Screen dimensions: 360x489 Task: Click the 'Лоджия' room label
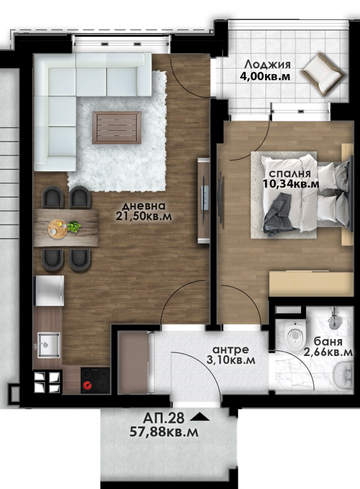(x=267, y=65)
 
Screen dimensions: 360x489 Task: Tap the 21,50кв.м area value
(x=144, y=216)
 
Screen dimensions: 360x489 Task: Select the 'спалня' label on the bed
(x=290, y=173)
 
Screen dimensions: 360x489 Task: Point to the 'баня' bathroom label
(x=327, y=341)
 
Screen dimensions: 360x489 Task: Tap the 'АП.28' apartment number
(x=164, y=418)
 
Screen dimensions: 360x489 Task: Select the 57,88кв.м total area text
(x=164, y=432)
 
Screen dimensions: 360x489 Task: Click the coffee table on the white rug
(x=117, y=128)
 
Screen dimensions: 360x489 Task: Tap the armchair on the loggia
(x=323, y=75)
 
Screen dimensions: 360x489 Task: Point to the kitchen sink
(x=49, y=345)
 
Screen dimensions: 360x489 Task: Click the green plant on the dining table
(x=73, y=226)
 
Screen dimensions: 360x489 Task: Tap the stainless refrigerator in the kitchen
(x=50, y=291)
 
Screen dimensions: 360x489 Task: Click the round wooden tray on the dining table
(x=57, y=229)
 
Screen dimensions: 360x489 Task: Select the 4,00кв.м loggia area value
(x=265, y=76)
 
